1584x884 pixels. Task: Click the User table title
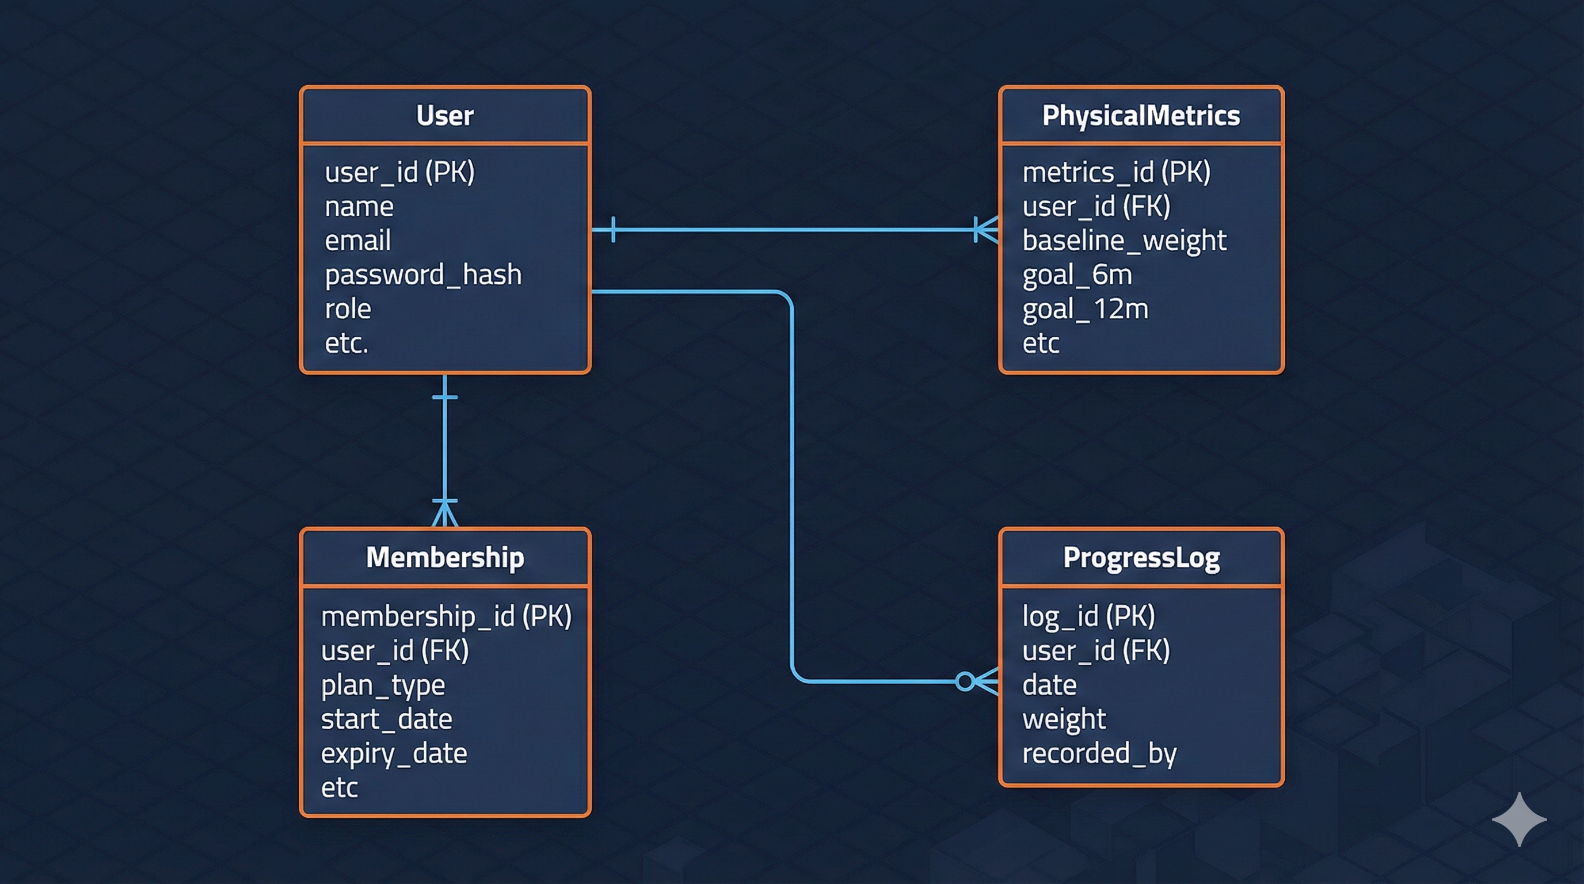coord(444,116)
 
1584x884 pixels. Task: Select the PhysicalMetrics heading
coord(1141,116)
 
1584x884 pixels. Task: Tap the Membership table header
coord(444,558)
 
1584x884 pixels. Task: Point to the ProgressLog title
coord(1141,558)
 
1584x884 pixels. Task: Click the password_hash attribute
coord(423,275)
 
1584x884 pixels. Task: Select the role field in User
coord(348,309)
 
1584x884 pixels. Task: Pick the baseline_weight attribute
coord(1124,241)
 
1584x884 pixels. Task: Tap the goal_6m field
coord(1077,275)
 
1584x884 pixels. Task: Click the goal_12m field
coord(1086,309)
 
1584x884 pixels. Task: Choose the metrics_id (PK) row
coord(1116,172)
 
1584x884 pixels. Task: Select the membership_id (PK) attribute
coord(447,616)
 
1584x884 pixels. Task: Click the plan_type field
coord(382,685)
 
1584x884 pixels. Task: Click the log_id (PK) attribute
coord(1088,616)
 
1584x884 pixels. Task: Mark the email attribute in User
coord(358,241)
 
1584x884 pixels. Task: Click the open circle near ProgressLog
coord(965,681)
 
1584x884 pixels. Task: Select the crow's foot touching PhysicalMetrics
coord(987,230)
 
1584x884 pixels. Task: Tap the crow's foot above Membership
coord(444,513)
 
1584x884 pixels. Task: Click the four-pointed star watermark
coord(1519,820)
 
